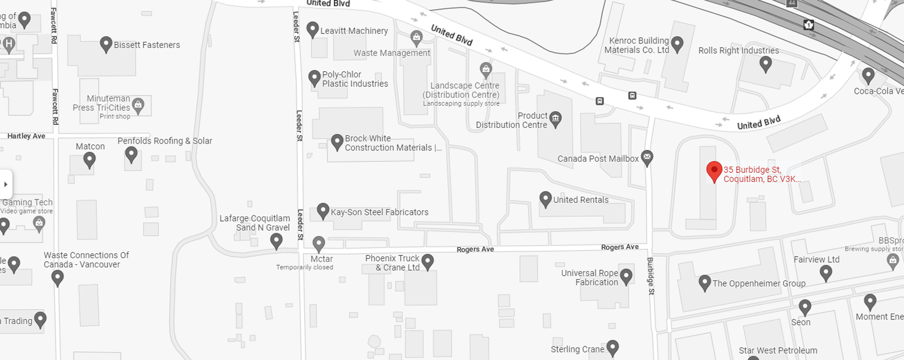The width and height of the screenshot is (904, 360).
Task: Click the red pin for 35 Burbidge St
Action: tap(714, 171)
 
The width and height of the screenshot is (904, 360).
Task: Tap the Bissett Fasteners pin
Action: tap(106, 44)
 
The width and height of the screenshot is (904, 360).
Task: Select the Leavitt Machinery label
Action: tap(354, 31)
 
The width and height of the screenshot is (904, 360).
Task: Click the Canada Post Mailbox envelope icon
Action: tap(647, 157)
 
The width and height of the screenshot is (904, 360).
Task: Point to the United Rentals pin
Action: tap(545, 198)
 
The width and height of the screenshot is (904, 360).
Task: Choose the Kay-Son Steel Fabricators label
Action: tap(379, 212)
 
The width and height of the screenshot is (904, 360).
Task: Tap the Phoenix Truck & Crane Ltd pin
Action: tap(428, 261)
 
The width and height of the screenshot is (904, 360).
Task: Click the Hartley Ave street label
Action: tap(26, 136)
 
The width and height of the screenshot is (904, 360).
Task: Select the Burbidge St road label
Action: tap(650, 276)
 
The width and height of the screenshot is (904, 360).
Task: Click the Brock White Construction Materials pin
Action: tap(337, 141)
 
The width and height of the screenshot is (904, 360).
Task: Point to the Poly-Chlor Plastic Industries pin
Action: tap(315, 77)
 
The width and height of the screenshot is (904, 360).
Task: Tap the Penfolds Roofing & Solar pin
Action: tap(132, 154)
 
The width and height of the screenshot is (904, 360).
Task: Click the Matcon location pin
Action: tap(89, 159)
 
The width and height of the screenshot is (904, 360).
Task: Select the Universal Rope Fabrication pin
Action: tap(626, 276)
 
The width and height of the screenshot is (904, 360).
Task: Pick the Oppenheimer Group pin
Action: tap(705, 282)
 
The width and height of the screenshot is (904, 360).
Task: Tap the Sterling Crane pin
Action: tap(612, 347)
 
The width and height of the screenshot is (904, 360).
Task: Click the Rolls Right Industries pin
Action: tap(766, 63)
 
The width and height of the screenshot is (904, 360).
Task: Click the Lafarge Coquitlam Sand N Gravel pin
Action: tap(276, 241)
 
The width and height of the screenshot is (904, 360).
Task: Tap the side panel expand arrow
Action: tap(6, 184)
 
